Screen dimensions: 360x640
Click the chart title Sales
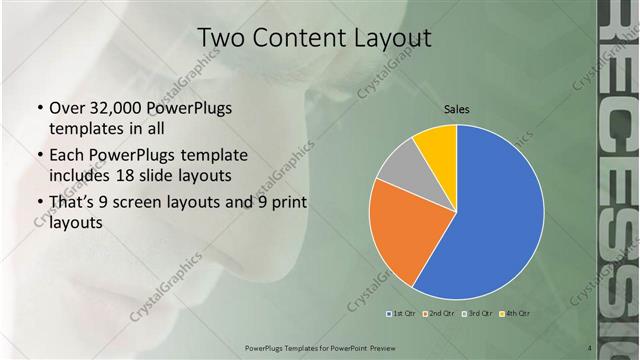point(457,108)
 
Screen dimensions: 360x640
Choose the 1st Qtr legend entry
point(403,313)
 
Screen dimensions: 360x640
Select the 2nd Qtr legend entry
point(439,313)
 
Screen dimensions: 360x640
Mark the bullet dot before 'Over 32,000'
point(38,108)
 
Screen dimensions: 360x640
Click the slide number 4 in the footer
point(589,347)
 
